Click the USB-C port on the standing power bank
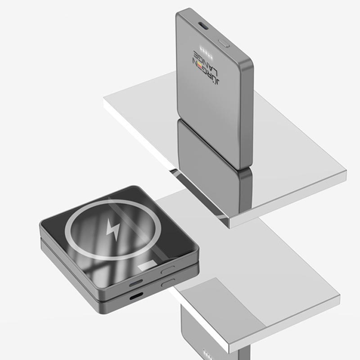click(205, 26)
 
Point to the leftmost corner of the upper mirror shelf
click(105, 100)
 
